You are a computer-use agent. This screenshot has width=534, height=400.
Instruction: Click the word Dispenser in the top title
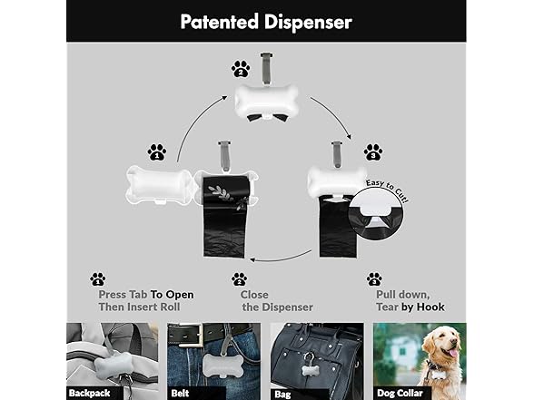[311, 20]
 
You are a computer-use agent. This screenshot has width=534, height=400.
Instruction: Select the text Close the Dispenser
[276, 300]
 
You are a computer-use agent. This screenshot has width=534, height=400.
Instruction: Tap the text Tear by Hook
[407, 307]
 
